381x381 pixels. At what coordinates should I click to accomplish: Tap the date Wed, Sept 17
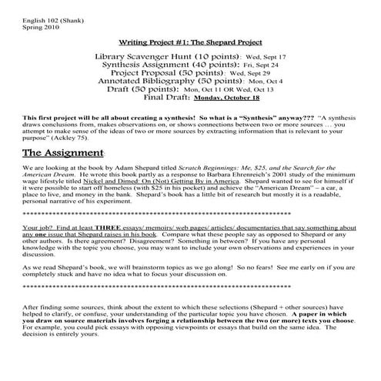pos(266,58)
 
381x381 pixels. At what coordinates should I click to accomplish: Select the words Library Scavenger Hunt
pos(143,57)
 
